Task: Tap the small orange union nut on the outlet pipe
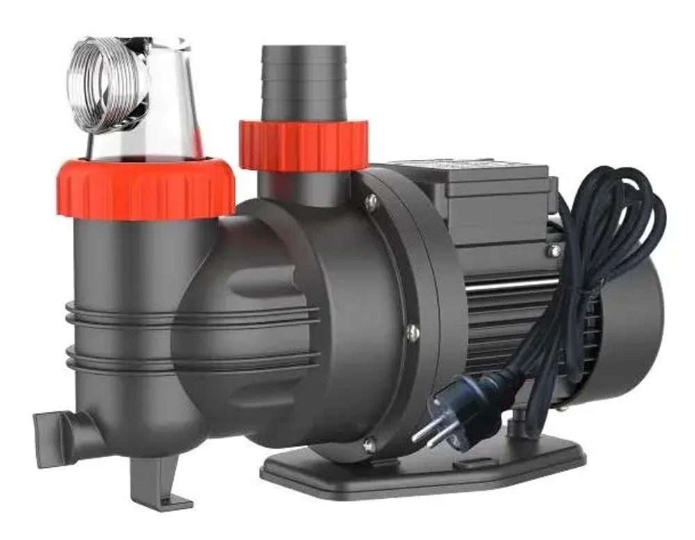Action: (x=303, y=145)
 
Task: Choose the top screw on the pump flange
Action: (x=371, y=202)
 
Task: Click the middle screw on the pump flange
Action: (x=413, y=333)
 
